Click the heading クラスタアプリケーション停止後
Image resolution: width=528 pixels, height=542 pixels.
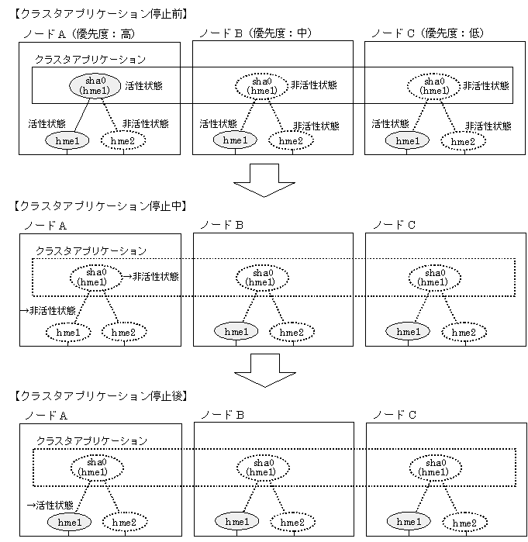pos(102,395)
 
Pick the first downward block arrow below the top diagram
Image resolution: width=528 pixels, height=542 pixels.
pos(264,180)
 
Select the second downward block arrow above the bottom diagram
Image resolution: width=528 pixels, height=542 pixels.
pos(264,371)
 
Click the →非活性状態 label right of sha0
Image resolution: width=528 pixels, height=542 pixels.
pos(151,276)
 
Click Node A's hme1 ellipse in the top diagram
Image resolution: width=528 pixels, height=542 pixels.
pos(67,140)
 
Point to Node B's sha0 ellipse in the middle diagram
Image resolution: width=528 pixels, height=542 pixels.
pos(264,277)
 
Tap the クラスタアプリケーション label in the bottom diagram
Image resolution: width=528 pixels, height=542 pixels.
pos(91,440)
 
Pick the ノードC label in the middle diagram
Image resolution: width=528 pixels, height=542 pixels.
pos(394,224)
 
